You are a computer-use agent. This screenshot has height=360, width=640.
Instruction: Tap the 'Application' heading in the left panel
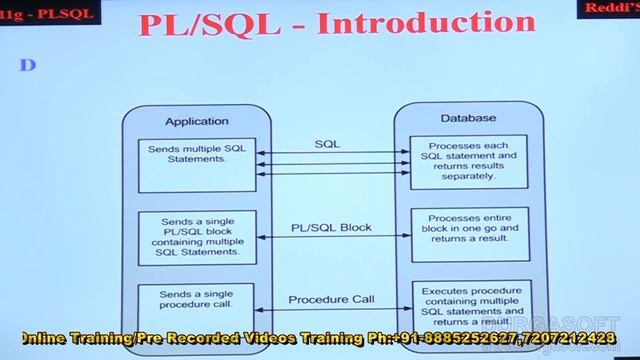[196, 121]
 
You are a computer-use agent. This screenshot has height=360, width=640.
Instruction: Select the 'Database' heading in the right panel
[467, 118]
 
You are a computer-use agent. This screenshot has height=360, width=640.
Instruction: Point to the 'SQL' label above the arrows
[327, 144]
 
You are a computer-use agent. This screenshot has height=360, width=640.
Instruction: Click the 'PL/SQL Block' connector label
[331, 227]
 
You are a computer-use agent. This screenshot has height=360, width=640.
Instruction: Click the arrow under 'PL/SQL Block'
[333, 237]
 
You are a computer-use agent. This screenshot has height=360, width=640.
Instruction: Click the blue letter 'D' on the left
[28, 64]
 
